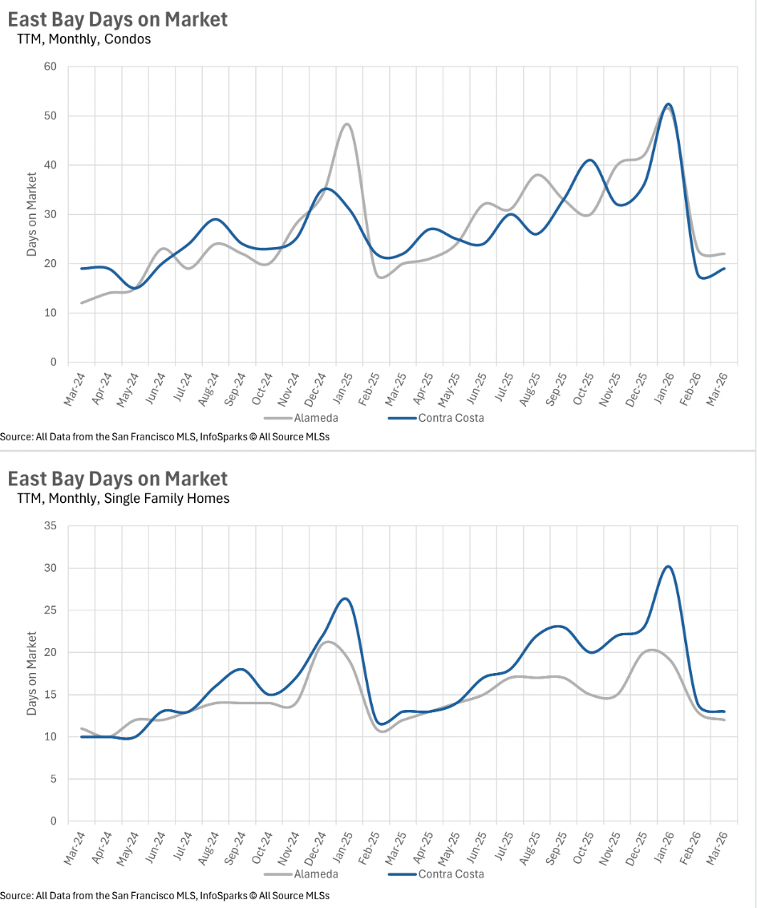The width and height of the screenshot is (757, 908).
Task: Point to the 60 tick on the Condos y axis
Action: point(51,66)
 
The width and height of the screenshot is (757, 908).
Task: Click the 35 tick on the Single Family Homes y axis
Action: point(51,526)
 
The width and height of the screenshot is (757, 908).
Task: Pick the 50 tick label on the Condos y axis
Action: point(51,116)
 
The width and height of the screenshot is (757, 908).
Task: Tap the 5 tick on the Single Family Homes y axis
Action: point(53,779)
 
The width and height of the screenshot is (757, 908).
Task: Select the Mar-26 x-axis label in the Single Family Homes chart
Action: point(716,847)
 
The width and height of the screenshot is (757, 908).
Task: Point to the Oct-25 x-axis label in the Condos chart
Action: point(582,389)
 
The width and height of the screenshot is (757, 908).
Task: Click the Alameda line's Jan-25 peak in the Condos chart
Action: point(346,124)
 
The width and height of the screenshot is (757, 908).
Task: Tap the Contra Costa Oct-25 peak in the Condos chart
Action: point(590,160)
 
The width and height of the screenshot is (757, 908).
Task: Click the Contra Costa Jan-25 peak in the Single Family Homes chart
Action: point(345,598)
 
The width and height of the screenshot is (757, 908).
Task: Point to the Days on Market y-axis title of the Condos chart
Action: point(32,214)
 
